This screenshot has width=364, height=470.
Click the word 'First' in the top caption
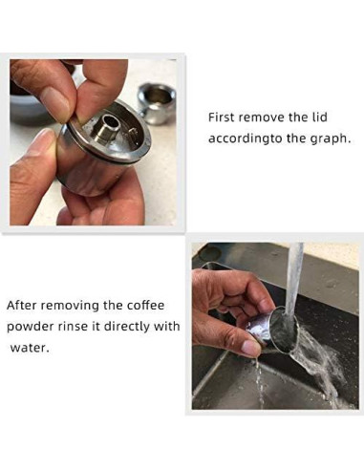coord(222,117)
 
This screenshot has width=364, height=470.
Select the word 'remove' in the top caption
coord(263,117)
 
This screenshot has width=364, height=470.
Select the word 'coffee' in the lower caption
coord(144,306)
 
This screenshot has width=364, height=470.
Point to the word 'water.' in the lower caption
coord(29,348)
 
